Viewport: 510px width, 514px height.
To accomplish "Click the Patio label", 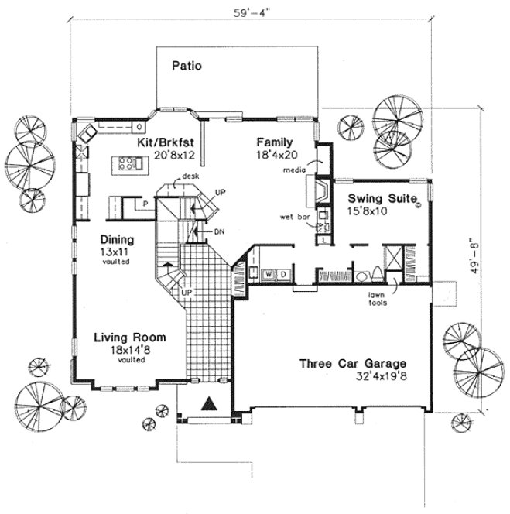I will (187, 66).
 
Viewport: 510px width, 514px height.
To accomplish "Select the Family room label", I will (275, 142).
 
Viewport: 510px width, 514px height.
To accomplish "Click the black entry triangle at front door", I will (207, 402).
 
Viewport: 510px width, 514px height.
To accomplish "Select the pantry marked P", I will (144, 205).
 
